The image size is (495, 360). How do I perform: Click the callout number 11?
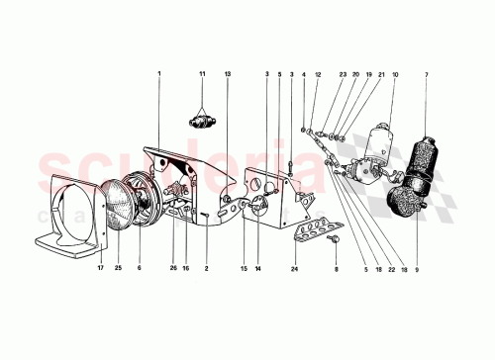point(201,74)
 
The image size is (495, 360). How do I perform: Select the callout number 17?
point(101,268)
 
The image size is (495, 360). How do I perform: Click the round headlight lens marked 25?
point(122,210)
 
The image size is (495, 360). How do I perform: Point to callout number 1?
point(157,74)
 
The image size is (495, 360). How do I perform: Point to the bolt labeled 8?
point(335,238)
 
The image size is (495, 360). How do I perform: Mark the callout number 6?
point(140,268)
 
